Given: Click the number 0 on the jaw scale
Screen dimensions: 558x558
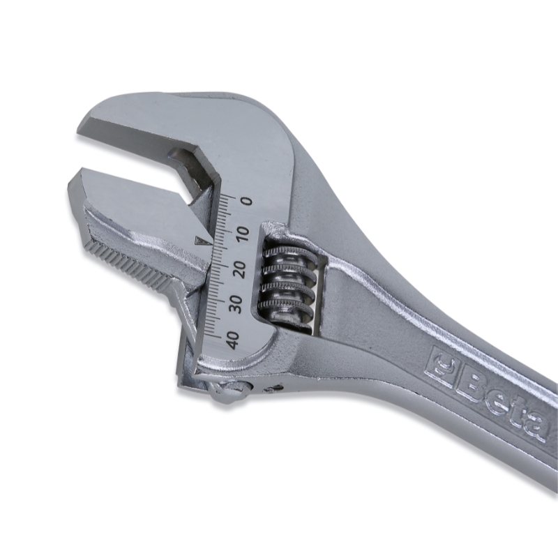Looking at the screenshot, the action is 247,202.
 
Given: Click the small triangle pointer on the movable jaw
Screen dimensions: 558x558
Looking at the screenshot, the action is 203,242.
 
